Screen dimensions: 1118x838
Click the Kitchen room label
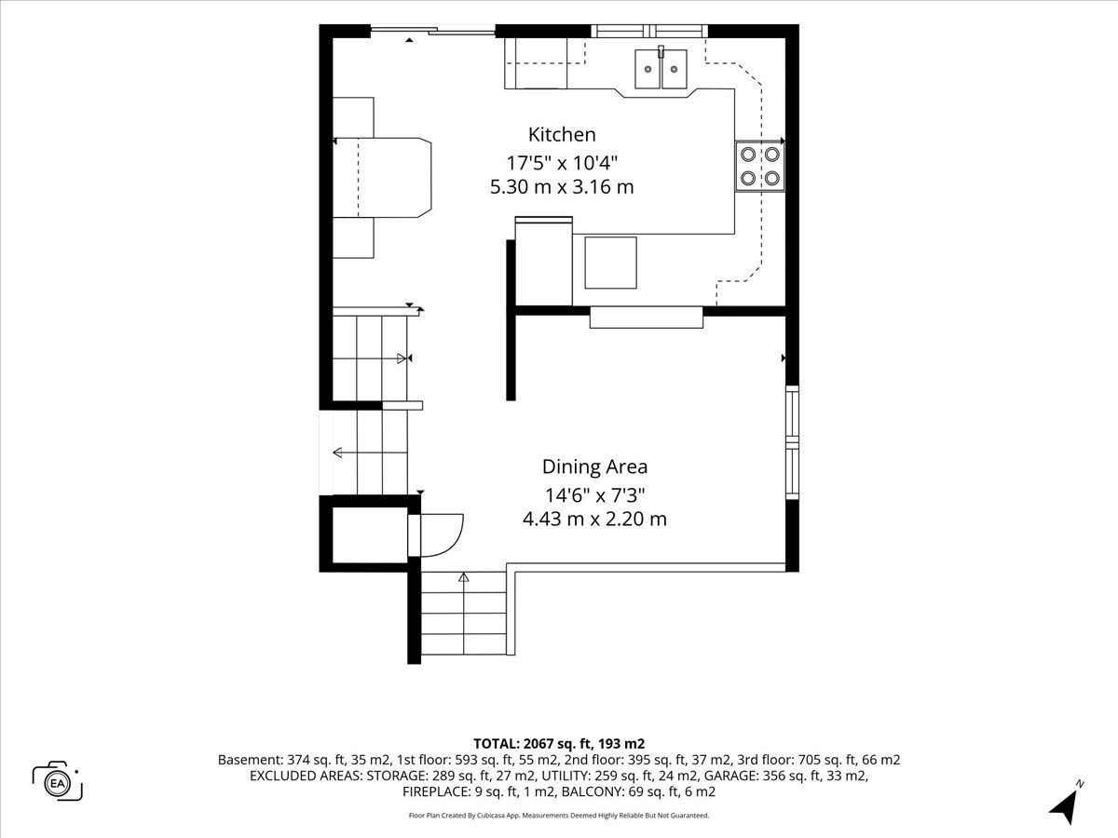tap(562, 135)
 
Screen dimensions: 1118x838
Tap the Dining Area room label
tap(594, 467)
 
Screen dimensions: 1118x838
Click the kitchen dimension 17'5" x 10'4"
tap(562, 163)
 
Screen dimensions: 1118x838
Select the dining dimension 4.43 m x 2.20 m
tap(594, 519)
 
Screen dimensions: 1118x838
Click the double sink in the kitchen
tap(661, 69)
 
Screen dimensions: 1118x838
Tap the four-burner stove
tap(759, 167)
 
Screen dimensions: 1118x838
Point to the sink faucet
tap(661, 51)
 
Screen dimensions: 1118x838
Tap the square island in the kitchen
tap(610, 263)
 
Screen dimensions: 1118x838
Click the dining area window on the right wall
tap(792, 442)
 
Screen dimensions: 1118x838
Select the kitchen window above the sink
tap(649, 31)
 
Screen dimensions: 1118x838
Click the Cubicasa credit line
tap(559, 816)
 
